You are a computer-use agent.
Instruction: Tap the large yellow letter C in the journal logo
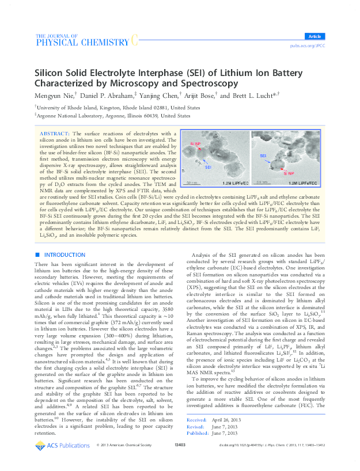(x=134, y=39)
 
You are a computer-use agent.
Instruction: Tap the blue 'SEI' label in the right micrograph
(x=263, y=156)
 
